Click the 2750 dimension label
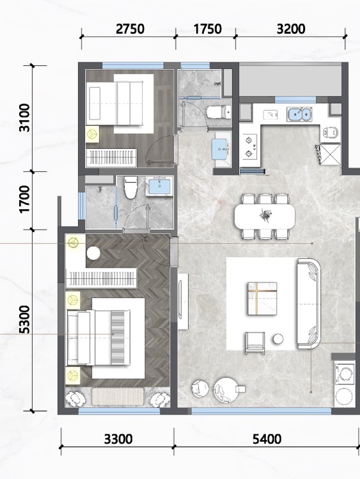pos(130,29)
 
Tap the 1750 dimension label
pos(208,29)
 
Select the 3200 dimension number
pos(291,29)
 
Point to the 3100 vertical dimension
pos(25,118)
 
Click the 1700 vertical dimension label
pos(25,199)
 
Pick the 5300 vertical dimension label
pos(25,319)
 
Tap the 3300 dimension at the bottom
pos(118,439)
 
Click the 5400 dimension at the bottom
pos(267,439)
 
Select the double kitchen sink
pos(299,114)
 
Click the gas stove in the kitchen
pos(250,146)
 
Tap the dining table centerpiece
pos(265,214)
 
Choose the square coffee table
pos(262,299)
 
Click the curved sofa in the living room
pos(309,304)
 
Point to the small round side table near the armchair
pos(278,339)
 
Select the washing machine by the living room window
pos(345,373)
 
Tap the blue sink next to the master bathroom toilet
pos(159,186)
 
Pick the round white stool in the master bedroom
pos(93,253)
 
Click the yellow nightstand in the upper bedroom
pos(92,134)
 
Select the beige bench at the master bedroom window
pos(118,397)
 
